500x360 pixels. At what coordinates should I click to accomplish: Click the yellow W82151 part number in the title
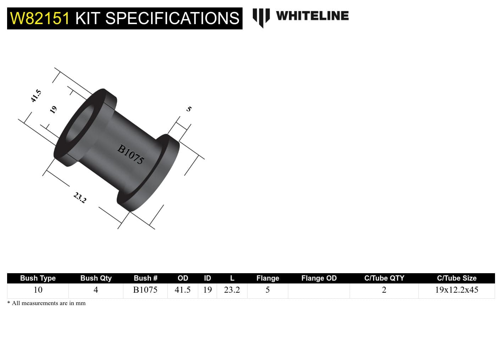click(40, 18)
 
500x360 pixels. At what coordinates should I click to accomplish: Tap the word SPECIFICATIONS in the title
click(172, 18)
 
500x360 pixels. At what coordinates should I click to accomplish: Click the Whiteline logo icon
click(261, 17)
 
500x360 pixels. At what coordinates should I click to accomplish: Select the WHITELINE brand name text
click(312, 16)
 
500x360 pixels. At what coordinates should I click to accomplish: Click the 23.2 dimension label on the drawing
click(80, 197)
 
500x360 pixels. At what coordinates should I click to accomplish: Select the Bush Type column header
click(38, 278)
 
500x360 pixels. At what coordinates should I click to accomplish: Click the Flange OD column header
click(319, 278)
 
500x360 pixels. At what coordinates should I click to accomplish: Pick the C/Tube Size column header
click(456, 278)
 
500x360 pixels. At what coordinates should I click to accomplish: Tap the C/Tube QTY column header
click(384, 278)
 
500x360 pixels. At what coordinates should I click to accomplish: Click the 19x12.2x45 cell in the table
click(456, 290)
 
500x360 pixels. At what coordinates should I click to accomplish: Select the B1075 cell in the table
click(145, 290)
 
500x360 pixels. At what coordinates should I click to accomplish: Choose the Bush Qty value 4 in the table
click(96, 290)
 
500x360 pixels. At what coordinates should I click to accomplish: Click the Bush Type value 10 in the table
click(38, 290)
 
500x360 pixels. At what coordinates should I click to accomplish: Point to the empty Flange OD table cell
click(319, 291)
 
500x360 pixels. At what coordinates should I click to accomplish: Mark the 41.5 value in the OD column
click(183, 290)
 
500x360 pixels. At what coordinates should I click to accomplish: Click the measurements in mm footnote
click(48, 303)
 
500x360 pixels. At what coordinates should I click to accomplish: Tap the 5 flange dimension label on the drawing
click(189, 109)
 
